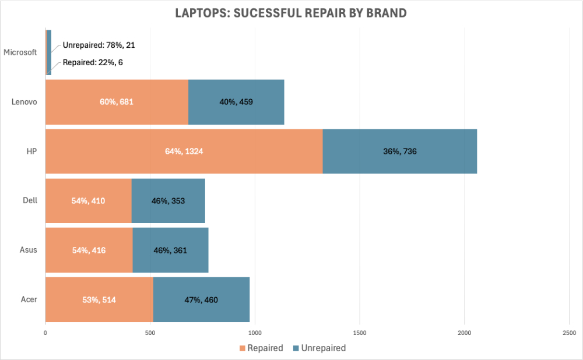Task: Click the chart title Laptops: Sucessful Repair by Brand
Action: (x=291, y=13)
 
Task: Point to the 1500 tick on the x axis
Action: (x=360, y=333)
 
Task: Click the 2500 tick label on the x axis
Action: (x=569, y=333)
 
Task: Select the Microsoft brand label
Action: (x=20, y=52)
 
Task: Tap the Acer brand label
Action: (x=29, y=299)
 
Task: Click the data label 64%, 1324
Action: (x=184, y=151)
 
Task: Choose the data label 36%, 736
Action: (x=399, y=151)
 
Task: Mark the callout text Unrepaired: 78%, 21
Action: (x=99, y=44)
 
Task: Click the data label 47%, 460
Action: (x=201, y=299)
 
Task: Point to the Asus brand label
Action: (x=28, y=250)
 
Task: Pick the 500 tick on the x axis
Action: (x=150, y=333)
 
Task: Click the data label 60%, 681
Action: (x=117, y=102)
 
